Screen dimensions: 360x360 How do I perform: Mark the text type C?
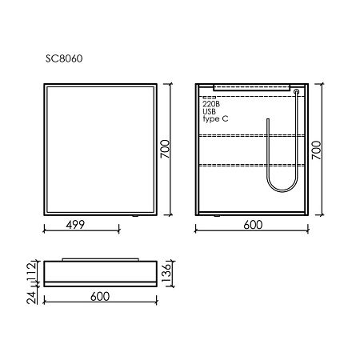coord(215,119)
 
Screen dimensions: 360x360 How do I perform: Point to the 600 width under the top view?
coord(100,297)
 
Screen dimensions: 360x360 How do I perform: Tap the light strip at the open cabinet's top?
coord(250,84)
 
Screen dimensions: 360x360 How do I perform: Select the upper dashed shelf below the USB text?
coord(250,137)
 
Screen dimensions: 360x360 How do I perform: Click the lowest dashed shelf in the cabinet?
coord(250,165)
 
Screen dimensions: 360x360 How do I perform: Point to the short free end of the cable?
coord(266,128)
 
